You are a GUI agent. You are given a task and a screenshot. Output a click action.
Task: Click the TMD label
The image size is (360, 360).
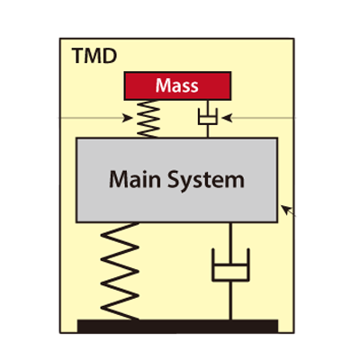click(x=94, y=57)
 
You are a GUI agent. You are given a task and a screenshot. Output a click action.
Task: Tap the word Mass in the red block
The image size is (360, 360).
click(x=176, y=85)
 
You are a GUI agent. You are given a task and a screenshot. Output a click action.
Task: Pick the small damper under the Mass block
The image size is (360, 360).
click(x=208, y=118)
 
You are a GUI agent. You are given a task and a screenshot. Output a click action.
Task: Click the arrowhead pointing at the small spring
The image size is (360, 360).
click(x=127, y=118)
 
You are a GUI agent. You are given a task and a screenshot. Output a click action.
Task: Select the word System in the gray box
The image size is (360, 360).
click(x=208, y=179)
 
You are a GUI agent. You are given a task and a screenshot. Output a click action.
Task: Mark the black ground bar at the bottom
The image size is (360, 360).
click(x=177, y=325)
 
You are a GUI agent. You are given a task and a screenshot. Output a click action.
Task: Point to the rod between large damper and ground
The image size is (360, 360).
click(x=231, y=301)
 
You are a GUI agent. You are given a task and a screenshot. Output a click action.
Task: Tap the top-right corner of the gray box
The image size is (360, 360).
click(x=277, y=139)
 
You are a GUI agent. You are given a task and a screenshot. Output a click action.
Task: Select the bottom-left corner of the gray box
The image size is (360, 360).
click(x=77, y=221)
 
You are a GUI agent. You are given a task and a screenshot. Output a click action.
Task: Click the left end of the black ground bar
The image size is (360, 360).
click(x=80, y=325)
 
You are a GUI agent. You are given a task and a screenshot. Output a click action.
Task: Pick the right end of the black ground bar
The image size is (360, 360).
click(x=275, y=325)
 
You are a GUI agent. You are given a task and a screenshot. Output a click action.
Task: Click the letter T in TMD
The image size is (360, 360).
click(x=77, y=57)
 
